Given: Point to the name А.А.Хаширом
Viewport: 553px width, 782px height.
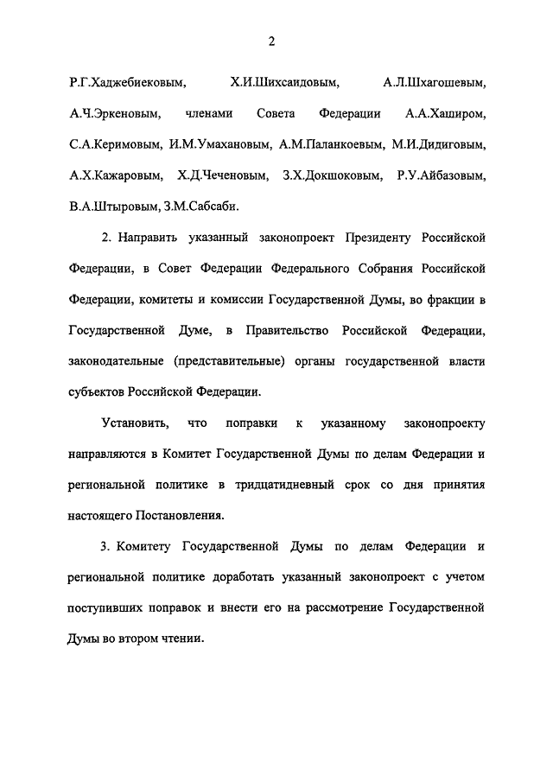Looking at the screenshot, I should tap(445, 114).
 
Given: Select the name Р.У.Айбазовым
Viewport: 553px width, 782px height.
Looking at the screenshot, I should tap(442, 175).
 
